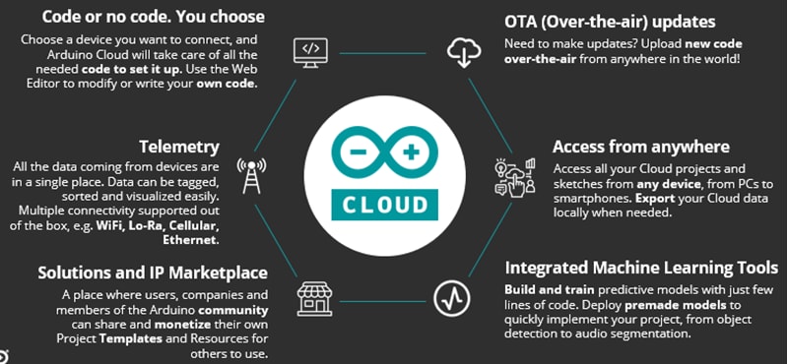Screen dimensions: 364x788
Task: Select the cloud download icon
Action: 462,50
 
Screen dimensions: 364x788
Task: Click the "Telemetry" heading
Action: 178,147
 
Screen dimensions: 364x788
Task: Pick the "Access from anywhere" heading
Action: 640,147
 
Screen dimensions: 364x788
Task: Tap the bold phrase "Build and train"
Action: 545,291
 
